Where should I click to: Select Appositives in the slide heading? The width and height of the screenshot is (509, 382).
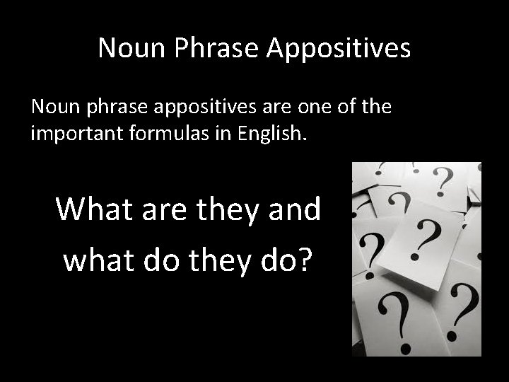pos(339,48)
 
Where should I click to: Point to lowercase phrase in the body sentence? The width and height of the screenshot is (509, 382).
pos(107,108)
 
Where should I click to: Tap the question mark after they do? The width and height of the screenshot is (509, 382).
pos(305,259)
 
